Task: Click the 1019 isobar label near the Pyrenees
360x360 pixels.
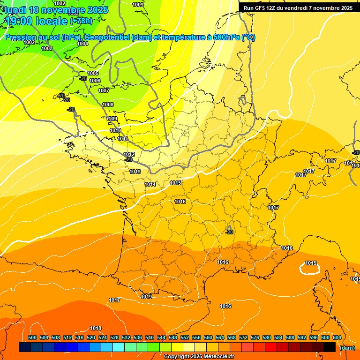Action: tap(146, 297)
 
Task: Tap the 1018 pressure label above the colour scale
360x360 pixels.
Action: tap(96, 328)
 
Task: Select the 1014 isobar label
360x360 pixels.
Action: tap(150, 184)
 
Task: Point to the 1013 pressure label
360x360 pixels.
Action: tap(135, 172)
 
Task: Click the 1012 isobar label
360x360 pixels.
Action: tap(129, 154)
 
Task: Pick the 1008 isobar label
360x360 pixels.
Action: tap(108, 105)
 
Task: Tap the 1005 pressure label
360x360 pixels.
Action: tap(93, 73)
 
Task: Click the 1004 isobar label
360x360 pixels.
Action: tap(82, 44)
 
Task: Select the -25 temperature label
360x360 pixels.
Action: tap(83, 78)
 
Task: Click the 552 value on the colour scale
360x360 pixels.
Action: tap(185, 337)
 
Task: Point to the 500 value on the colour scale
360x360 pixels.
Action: tap(32, 337)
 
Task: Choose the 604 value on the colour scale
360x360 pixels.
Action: tap(337, 337)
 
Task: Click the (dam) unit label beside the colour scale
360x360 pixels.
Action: tap(347, 348)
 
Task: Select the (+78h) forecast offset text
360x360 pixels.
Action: tap(81, 21)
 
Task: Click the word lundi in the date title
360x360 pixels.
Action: tap(15, 10)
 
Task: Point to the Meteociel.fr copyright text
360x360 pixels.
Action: tap(199, 357)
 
